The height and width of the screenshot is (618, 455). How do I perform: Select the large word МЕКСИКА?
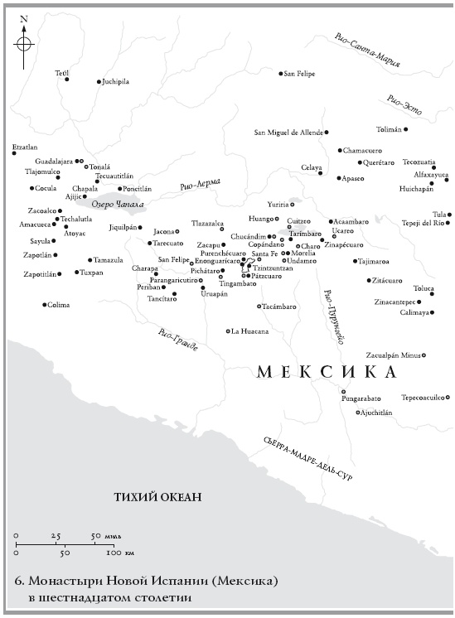pyautogui.click(x=328, y=372)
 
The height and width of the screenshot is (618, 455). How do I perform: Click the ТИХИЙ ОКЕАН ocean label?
pyautogui.click(x=157, y=497)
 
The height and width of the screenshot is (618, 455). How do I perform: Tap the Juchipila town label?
pyautogui.click(x=116, y=82)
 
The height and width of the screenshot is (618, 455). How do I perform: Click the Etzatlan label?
pyautogui.click(x=25, y=147)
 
